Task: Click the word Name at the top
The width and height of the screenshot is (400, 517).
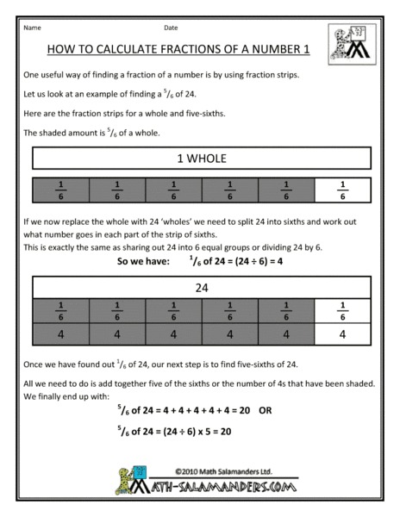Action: pyautogui.click(x=33, y=28)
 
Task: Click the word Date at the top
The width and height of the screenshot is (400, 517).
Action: pyautogui.click(x=171, y=28)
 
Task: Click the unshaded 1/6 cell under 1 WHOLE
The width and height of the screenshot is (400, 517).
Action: pyautogui.click(x=344, y=187)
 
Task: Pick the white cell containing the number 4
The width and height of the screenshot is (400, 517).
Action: pyautogui.click(x=344, y=335)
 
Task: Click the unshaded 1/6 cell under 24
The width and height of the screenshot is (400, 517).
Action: pyautogui.click(x=344, y=311)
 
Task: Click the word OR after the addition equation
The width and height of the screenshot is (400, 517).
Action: pyautogui.click(x=265, y=411)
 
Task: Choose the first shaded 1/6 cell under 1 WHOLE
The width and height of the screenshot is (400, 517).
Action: pyautogui.click(x=60, y=187)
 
